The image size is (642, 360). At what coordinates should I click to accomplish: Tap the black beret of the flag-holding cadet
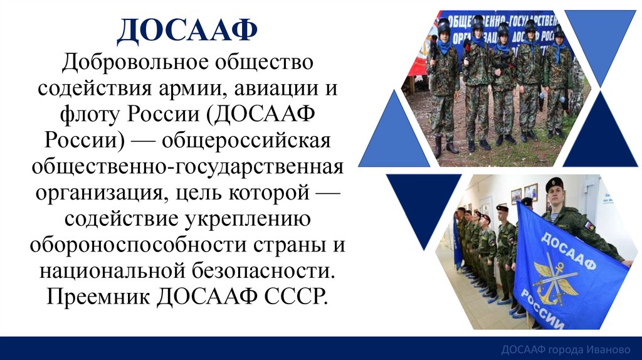tap(554, 183)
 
